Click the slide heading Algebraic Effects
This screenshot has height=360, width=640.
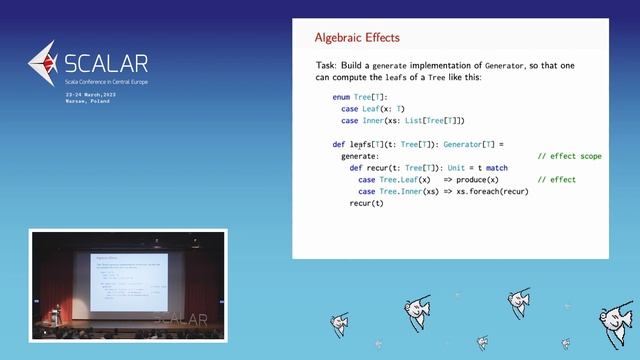(x=357, y=38)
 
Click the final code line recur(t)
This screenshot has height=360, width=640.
(x=366, y=203)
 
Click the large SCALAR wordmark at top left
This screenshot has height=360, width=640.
(x=94, y=64)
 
